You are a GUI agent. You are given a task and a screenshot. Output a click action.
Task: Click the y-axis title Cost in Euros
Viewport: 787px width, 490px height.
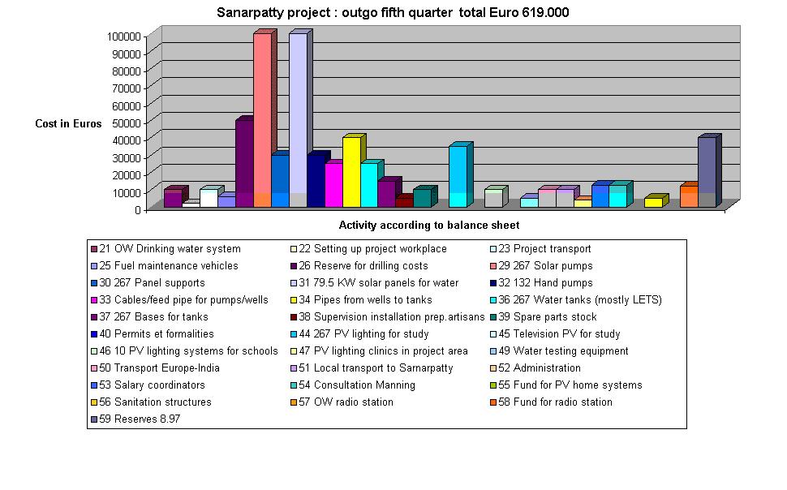point(68,124)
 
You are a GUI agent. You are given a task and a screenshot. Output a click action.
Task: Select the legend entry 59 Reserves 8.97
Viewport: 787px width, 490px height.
point(135,419)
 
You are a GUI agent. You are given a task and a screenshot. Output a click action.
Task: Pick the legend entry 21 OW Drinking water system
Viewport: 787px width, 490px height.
point(169,249)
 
